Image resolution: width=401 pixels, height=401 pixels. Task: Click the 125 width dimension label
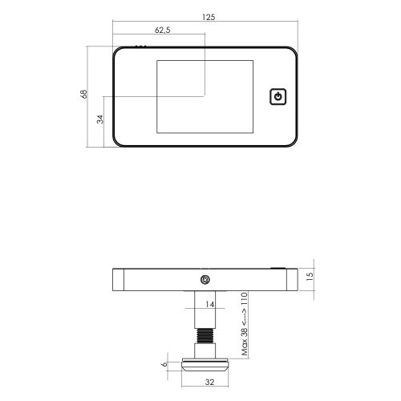click(x=209, y=17)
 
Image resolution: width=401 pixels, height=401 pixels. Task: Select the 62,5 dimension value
click(x=163, y=30)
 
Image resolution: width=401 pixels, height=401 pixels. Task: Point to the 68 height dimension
click(x=84, y=94)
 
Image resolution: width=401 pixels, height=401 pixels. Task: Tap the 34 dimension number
click(x=99, y=119)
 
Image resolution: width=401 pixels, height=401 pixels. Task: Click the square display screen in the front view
click(x=205, y=97)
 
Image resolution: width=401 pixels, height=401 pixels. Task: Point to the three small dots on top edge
click(x=140, y=47)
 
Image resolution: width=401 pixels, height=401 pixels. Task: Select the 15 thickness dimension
click(x=310, y=276)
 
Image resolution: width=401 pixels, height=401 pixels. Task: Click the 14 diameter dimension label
click(x=210, y=304)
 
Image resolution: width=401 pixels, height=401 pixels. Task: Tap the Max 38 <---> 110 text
click(x=245, y=324)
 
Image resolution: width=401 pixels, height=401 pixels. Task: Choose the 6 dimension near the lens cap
click(x=165, y=364)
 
